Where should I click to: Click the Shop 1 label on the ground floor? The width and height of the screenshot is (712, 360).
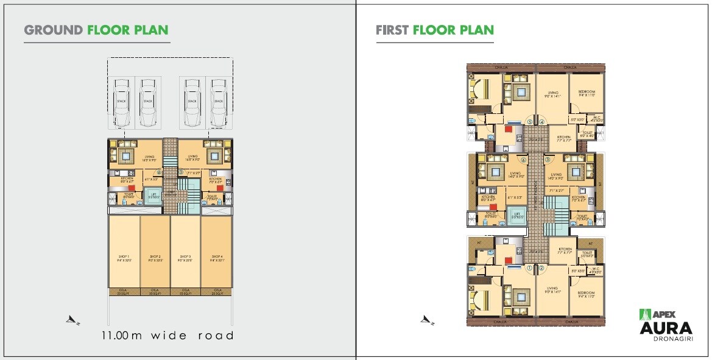coord(124,258)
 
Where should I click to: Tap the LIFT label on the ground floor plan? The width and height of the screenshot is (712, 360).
coord(154,197)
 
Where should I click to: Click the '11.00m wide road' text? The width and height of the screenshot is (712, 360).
coord(167,335)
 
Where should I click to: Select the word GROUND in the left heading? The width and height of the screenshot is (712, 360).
coord(54,30)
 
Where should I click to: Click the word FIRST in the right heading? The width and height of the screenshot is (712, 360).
coord(392,30)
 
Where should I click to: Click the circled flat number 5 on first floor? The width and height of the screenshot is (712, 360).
coord(530,122)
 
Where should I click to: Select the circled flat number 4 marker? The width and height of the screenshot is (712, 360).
coord(541,122)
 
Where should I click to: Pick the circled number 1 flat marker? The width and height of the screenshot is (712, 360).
coord(530,267)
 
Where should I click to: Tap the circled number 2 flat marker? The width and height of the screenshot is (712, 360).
coord(541,267)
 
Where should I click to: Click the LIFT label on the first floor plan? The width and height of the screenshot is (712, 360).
coord(516,214)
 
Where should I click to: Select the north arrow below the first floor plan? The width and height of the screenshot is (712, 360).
coord(428,319)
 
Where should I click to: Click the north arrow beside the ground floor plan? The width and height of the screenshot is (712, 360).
coord(74,319)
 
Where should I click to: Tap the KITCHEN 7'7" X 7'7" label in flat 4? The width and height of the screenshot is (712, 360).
coord(564,138)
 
